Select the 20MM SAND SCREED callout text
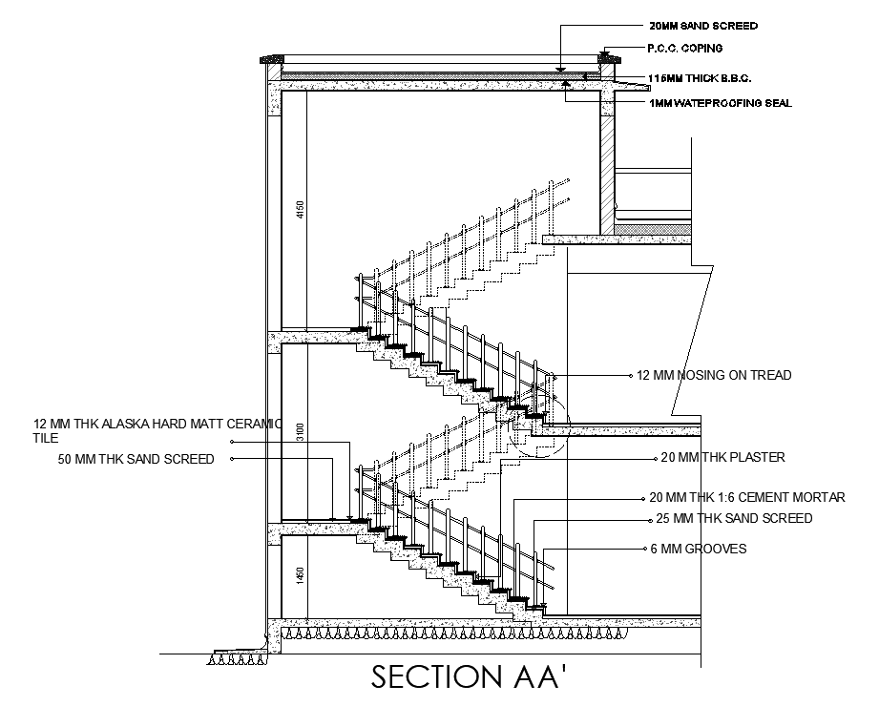(x=703, y=26)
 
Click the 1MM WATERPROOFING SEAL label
(x=720, y=103)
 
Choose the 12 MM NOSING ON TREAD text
(x=714, y=376)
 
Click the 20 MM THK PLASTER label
(x=722, y=458)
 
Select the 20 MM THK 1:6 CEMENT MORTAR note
(x=747, y=498)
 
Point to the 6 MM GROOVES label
(x=698, y=549)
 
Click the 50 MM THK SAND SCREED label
(x=136, y=459)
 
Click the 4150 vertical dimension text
(x=299, y=209)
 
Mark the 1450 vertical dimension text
(x=299, y=576)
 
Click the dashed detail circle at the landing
(x=538, y=426)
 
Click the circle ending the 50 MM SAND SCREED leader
(x=232, y=459)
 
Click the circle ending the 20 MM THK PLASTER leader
(x=654, y=458)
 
